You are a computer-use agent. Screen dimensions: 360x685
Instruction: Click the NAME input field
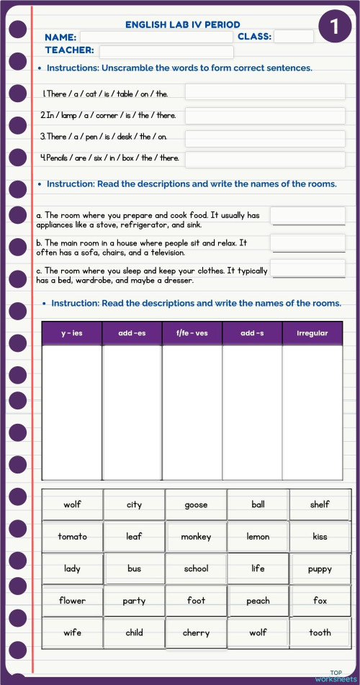pos(156,37)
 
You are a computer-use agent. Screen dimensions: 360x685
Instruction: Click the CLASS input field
pos(293,37)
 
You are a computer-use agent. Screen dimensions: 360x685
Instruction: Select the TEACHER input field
pos(166,52)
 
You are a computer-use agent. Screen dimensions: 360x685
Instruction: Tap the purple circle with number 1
pos(334,27)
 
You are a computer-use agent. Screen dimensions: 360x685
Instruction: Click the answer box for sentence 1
pos(264,92)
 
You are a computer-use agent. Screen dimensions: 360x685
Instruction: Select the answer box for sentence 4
pos(264,159)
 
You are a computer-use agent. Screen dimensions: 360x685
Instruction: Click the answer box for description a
pos(302,216)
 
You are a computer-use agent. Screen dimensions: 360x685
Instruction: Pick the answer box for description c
pos(302,269)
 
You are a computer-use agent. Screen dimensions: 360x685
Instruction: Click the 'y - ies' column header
pos(72,333)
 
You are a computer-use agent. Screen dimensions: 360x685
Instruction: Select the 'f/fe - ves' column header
pos(192,333)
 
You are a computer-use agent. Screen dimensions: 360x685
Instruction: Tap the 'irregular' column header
pos(312,333)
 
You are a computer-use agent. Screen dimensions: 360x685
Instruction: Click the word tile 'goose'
pos(196,505)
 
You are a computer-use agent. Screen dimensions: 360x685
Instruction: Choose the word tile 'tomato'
pos(72,537)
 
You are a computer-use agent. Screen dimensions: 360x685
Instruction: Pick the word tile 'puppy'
pos(320,569)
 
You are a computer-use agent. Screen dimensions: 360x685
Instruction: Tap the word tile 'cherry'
pos(196,633)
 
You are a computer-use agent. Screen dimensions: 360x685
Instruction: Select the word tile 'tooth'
pos(320,633)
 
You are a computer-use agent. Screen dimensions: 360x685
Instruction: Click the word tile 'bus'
pos(134,569)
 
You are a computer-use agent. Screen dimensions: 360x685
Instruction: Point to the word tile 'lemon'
pos(258,537)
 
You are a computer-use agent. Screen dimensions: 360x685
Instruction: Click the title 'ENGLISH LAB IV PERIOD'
pos(183,24)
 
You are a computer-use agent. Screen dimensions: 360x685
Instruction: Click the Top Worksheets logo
pos(335,676)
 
